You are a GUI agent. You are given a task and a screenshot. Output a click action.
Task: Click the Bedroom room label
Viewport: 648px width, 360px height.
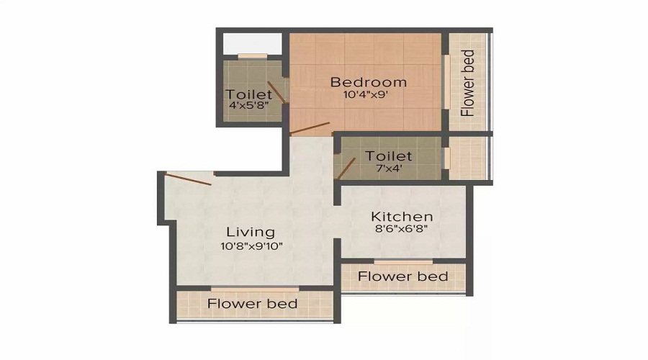(x=368, y=82)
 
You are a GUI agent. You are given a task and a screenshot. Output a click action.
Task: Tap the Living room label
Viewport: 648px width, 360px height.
(x=251, y=232)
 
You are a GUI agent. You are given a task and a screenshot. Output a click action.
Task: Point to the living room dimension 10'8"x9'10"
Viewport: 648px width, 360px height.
(x=251, y=246)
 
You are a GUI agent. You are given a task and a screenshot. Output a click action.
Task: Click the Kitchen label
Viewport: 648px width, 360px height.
(x=402, y=216)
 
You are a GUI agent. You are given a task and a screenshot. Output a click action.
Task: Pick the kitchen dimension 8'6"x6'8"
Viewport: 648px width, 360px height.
(x=402, y=230)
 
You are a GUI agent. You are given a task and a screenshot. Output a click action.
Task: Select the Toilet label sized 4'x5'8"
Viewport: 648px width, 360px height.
(x=249, y=94)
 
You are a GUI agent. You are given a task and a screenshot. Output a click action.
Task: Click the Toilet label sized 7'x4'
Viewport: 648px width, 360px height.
(x=389, y=156)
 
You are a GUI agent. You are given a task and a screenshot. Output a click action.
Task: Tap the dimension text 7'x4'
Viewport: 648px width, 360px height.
(x=389, y=168)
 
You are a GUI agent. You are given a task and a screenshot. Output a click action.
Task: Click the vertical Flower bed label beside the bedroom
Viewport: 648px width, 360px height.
(x=469, y=83)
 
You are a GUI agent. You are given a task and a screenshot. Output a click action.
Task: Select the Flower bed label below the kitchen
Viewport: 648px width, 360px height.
(x=402, y=276)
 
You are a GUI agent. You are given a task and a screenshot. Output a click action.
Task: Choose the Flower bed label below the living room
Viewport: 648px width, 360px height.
(x=252, y=304)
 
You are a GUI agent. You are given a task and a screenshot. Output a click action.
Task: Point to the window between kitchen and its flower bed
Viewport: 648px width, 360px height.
(x=403, y=261)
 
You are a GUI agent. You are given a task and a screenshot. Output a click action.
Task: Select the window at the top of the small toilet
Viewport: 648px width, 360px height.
(x=252, y=56)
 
